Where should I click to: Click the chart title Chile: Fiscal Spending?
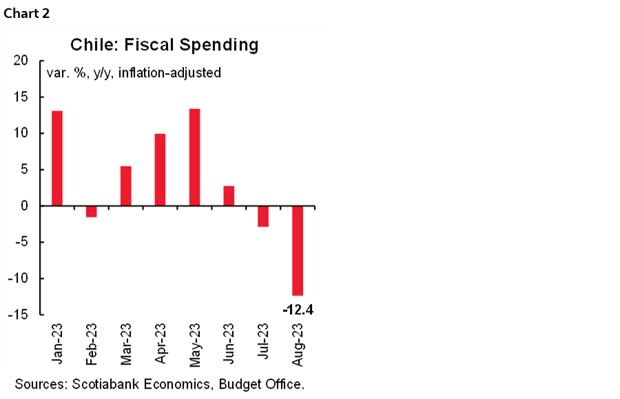click(x=164, y=45)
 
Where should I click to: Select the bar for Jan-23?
click(x=57, y=158)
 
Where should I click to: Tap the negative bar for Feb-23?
click(x=91, y=212)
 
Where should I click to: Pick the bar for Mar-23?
click(x=125, y=185)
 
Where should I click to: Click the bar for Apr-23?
click(x=160, y=170)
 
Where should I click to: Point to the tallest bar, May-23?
click(x=194, y=157)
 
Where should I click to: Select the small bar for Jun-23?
click(x=229, y=196)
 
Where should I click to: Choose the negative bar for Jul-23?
click(x=263, y=216)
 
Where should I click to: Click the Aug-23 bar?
click(x=298, y=251)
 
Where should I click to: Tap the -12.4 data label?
click(x=298, y=309)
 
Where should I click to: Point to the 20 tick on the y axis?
click(x=21, y=61)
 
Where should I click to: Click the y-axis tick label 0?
click(x=25, y=206)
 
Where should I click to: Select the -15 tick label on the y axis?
click(x=19, y=315)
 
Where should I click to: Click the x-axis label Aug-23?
click(x=298, y=344)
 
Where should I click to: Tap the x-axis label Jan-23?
click(x=57, y=344)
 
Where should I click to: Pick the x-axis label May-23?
click(x=194, y=344)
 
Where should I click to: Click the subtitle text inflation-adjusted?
click(x=169, y=72)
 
